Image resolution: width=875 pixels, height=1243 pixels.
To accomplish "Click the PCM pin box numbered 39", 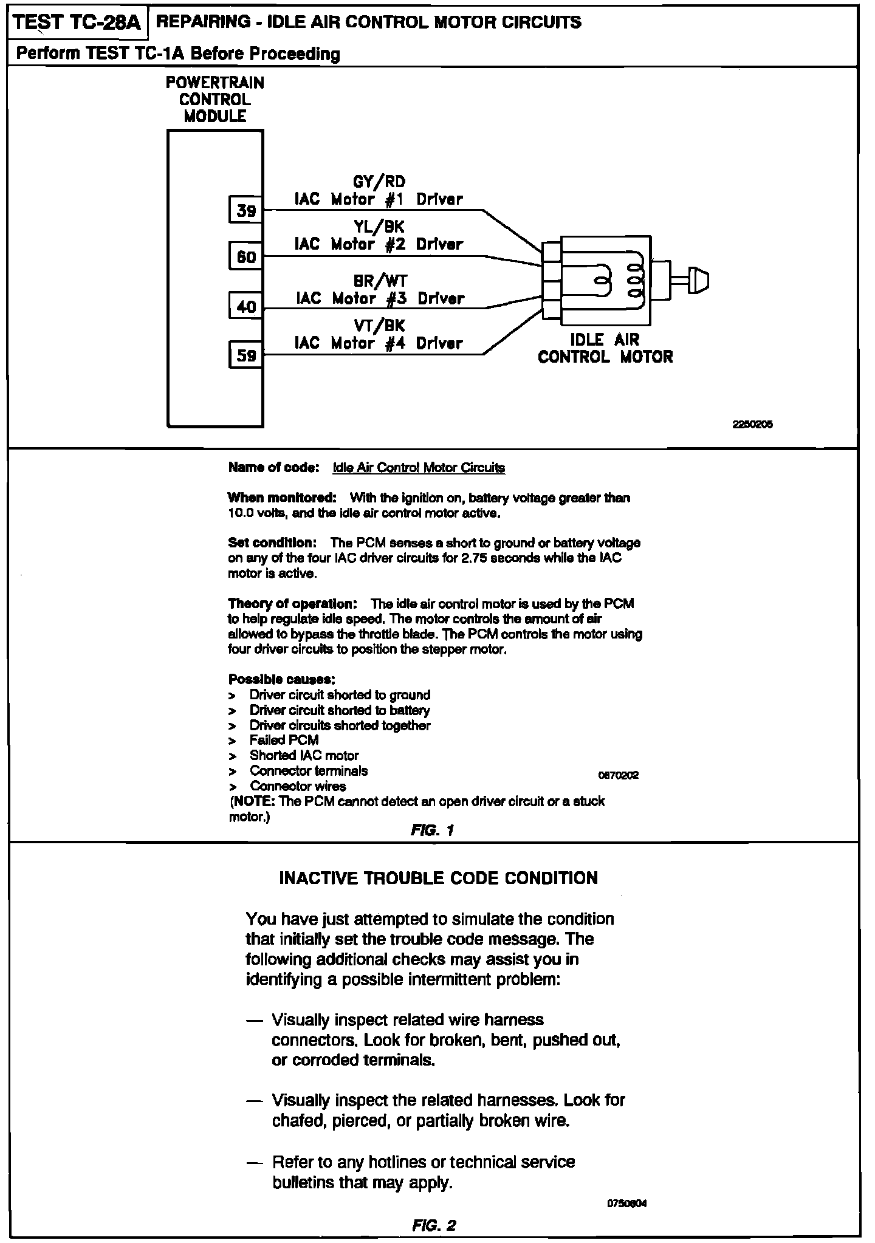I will pos(246,210).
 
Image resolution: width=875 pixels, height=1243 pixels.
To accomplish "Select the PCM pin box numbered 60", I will pos(246,256).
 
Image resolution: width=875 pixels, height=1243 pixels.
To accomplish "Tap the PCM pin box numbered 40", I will pos(246,306).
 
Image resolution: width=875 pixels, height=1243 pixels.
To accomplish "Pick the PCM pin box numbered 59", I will pos(246,355).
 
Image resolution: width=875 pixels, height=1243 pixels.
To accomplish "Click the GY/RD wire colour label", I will pos(379,182).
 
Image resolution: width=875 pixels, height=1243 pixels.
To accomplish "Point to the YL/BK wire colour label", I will pos(379,227).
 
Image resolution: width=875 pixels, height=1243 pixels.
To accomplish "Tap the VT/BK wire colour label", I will pos(379,326).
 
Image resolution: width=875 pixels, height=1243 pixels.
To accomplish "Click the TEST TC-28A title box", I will pos(77,23).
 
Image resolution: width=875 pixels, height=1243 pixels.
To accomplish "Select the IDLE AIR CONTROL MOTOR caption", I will pos(605,348).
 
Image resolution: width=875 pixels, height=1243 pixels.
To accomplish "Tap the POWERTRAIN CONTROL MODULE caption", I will pos(215,100).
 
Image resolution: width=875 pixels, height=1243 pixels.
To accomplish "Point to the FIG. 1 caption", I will pos(433,830).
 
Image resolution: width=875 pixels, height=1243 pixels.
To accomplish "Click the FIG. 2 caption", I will pos(434,1225).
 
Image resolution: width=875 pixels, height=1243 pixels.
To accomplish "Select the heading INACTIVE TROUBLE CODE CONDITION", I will pos(438,878).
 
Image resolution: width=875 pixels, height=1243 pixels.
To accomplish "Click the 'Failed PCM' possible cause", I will pos(284,740).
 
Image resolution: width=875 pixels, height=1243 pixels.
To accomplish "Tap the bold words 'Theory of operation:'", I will pos(292,604).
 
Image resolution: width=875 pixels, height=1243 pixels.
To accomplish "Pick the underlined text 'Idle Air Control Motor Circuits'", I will pos(419,468).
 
